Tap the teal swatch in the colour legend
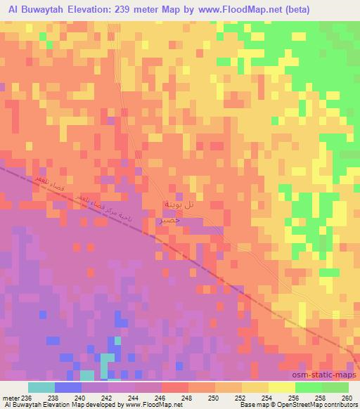pos(41,387)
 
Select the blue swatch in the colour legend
pos(67,387)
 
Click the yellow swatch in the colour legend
pos(282,387)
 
